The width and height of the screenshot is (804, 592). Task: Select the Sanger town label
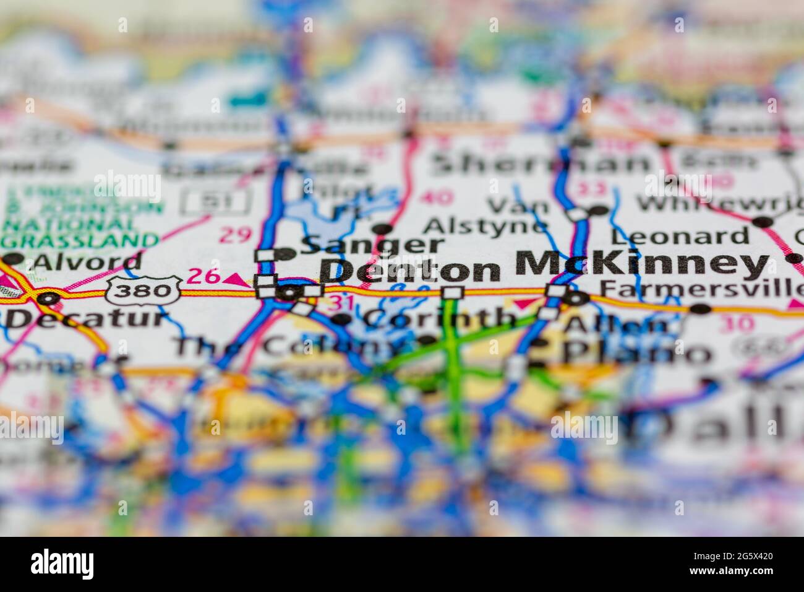pos(372,245)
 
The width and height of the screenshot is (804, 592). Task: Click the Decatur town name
pos(87,319)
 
